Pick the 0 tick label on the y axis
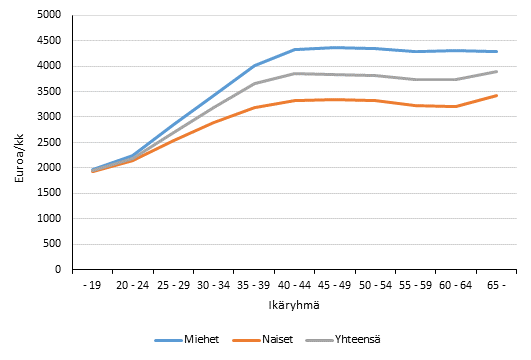click(x=57, y=269)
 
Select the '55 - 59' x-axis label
click(x=416, y=284)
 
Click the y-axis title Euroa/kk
click(x=14, y=143)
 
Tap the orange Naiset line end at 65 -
click(x=497, y=96)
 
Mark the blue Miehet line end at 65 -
click(x=497, y=52)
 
